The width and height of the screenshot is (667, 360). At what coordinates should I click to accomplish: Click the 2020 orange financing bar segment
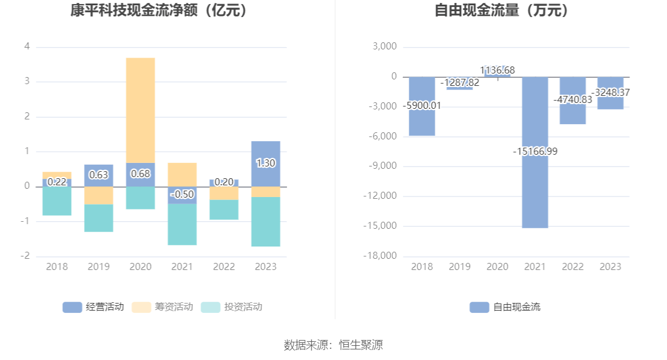[140, 110]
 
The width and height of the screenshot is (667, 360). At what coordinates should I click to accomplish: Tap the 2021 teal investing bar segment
[182, 224]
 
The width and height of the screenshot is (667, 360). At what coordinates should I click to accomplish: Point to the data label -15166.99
[535, 151]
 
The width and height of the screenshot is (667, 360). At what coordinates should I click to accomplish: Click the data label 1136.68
[497, 71]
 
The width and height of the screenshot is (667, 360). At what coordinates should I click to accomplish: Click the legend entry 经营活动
[94, 306]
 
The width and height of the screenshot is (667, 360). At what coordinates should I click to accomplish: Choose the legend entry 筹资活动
[162, 306]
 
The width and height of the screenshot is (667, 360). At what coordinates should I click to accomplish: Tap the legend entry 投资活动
[231, 306]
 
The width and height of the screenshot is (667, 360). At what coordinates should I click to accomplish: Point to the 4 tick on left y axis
[26, 46]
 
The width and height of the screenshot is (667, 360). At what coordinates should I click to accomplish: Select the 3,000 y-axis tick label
[385, 46]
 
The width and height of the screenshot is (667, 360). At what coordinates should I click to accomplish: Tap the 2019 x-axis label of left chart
[98, 266]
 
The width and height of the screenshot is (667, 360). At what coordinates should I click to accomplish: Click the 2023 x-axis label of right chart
[610, 266]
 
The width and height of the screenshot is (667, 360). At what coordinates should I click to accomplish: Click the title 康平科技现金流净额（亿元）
[158, 11]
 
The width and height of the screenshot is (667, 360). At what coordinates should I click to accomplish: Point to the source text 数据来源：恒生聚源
[333, 345]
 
